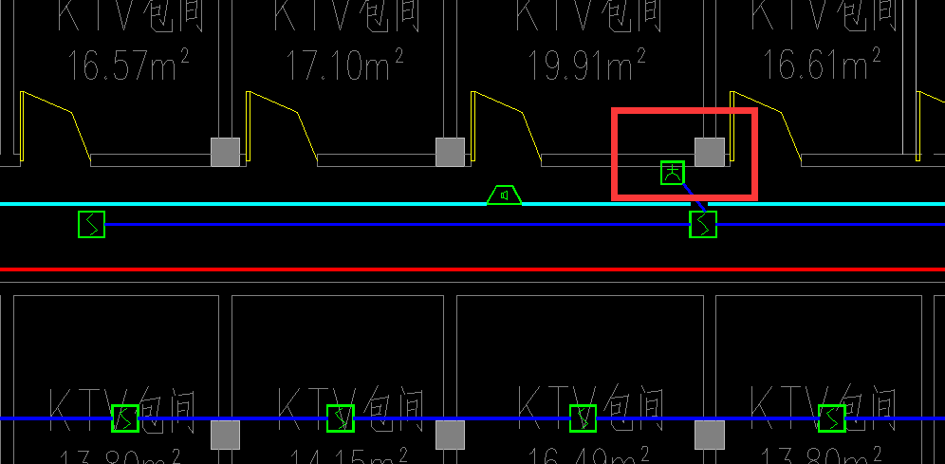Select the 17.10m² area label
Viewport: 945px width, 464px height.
[345, 65]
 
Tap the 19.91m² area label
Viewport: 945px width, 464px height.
[586, 65]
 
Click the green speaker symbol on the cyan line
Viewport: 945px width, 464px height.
[505, 195]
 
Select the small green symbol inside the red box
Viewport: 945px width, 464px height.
[673, 173]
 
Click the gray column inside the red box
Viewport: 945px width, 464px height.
[710, 152]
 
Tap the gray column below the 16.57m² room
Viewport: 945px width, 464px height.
[225, 152]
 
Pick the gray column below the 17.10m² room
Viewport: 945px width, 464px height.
[450, 152]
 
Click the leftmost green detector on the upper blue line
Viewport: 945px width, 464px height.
[92, 225]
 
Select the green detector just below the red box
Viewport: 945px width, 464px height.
[703, 225]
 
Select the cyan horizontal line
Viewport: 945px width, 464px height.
[285, 204]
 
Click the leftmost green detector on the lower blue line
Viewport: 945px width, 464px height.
[125, 418]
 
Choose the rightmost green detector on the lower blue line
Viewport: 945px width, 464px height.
[832, 418]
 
